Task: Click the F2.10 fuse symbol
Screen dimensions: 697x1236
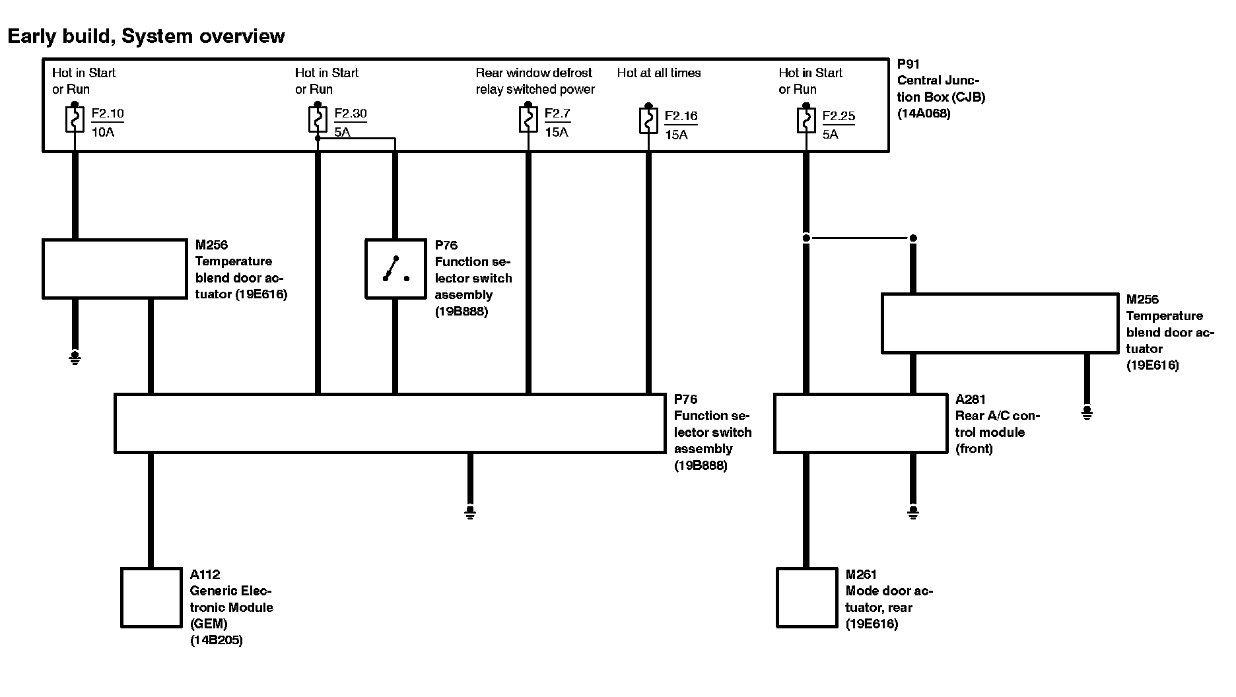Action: (x=75, y=119)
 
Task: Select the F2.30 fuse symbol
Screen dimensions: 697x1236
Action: (x=318, y=119)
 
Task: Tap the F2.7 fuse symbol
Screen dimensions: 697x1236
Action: (x=528, y=119)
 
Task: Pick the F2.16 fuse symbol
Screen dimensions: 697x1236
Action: (x=648, y=121)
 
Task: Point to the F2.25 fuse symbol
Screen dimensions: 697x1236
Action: (x=806, y=121)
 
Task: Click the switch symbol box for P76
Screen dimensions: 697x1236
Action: (x=395, y=269)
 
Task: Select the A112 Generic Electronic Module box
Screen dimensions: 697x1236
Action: (x=151, y=597)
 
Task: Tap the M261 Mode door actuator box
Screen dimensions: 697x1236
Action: (x=806, y=597)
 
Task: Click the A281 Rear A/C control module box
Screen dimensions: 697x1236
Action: (x=860, y=424)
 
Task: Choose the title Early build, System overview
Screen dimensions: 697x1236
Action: (x=146, y=36)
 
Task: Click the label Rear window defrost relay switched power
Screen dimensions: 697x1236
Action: (x=535, y=81)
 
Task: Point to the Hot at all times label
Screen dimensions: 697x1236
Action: (x=658, y=73)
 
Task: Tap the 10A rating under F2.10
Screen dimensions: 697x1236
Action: (x=103, y=132)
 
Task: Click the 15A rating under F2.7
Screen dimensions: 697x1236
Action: (x=557, y=132)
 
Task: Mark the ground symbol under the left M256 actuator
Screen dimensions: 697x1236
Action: (x=75, y=358)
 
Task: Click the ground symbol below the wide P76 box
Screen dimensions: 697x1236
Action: (x=469, y=512)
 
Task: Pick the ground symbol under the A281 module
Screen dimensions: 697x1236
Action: (x=913, y=512)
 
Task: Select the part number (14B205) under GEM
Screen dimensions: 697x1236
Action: (x=216, y=640)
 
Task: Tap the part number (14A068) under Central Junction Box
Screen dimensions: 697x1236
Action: (x=924, y=114)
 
